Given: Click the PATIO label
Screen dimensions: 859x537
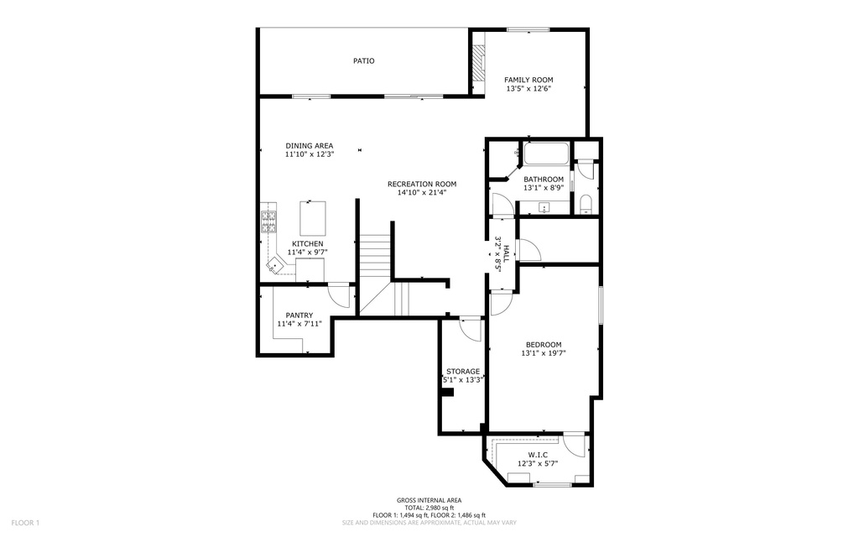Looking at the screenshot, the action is pyautogui.click(x=364, y=60).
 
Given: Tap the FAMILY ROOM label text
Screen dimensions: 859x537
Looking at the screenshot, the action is pyautogui.click(x=528, y=80).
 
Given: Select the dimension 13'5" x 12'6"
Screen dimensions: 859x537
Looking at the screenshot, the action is pyautogui.click(x=528, y=88).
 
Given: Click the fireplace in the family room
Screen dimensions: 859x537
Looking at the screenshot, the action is pyautogui.click(x=479, y=62).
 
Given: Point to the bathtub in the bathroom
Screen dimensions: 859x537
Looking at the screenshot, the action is pyautogui.click(x=546, y=154).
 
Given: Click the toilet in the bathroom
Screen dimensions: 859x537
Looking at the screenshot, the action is pyautogui.click(x=585, y=203).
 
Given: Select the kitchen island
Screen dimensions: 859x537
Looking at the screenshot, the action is pyautogui.click(x=312, y=218).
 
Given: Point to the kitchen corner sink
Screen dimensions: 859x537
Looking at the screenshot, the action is pyautogui.click(x=274, y=266).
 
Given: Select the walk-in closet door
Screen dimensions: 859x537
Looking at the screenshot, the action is pyautogui.click(x=575, y=445).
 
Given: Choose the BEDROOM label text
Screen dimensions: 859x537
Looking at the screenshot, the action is pyautogui.click(x=544, y=345).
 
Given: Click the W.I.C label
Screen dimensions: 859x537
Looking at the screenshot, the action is pyautogui.click(x=538, y=455).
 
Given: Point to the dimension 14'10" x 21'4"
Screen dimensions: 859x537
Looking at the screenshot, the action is pyautogui.click(x=422, y=192).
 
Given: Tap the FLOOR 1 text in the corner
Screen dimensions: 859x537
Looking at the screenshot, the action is pyautogui.click(x=25, y=523).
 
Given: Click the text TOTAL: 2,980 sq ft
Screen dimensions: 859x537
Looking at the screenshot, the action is pyautogui.click(x=429, y=508).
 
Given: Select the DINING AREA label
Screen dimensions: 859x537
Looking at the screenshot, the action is pyautogui.click(x=310, y=146).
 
